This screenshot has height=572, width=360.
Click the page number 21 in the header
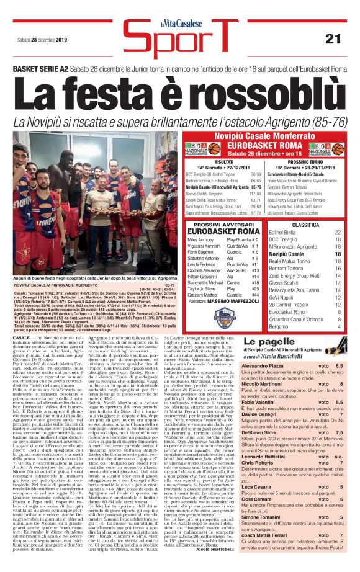pos(333,38)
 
